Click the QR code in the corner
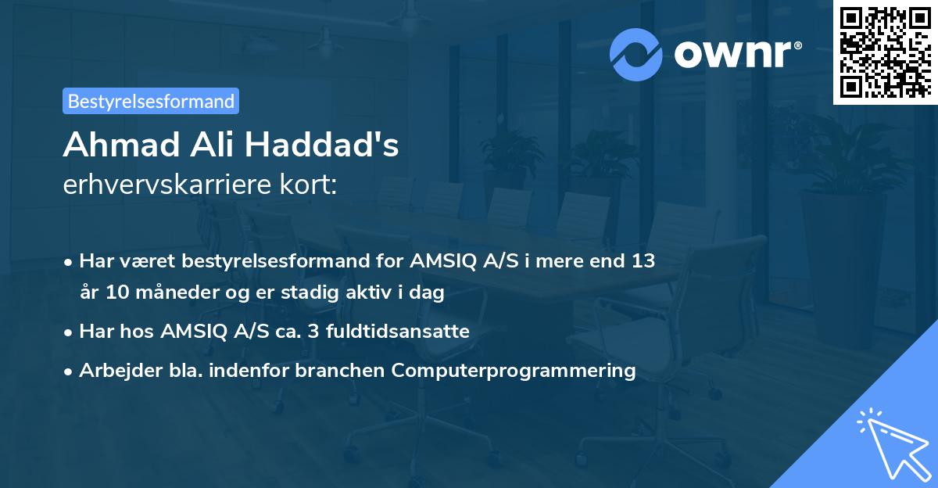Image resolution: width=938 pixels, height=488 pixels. click(x=886, y=52)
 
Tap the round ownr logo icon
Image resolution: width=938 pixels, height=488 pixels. click(x=636, y=55)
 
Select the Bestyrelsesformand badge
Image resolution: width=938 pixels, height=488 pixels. click(x=151, y=101)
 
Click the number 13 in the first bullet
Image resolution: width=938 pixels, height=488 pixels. click(x=643, y=260)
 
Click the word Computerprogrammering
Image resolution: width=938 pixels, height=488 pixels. click(x=514, y=370)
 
